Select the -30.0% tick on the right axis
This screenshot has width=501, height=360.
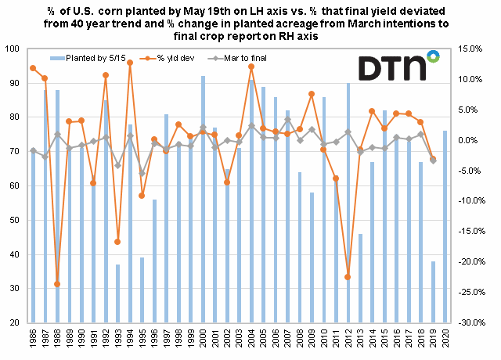[470, 322]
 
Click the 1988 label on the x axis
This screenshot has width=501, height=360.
[57, 338]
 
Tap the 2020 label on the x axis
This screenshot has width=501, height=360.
[445, 338]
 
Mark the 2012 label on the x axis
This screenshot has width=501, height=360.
[348, 338]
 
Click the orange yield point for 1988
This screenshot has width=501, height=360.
[57, 284]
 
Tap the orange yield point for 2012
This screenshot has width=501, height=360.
[348, 277]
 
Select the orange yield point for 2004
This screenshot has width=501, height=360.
[251, 67]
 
